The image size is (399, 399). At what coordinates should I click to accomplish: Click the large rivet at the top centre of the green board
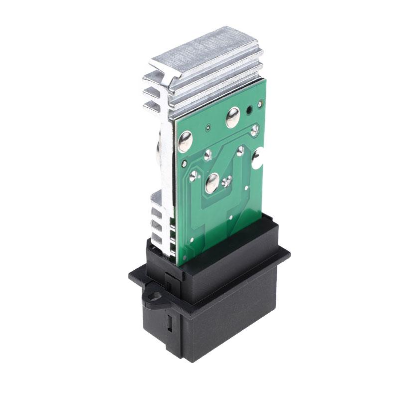233,118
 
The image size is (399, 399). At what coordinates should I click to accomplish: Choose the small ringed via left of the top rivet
205,131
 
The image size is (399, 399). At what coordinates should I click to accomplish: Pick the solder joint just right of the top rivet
254,130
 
